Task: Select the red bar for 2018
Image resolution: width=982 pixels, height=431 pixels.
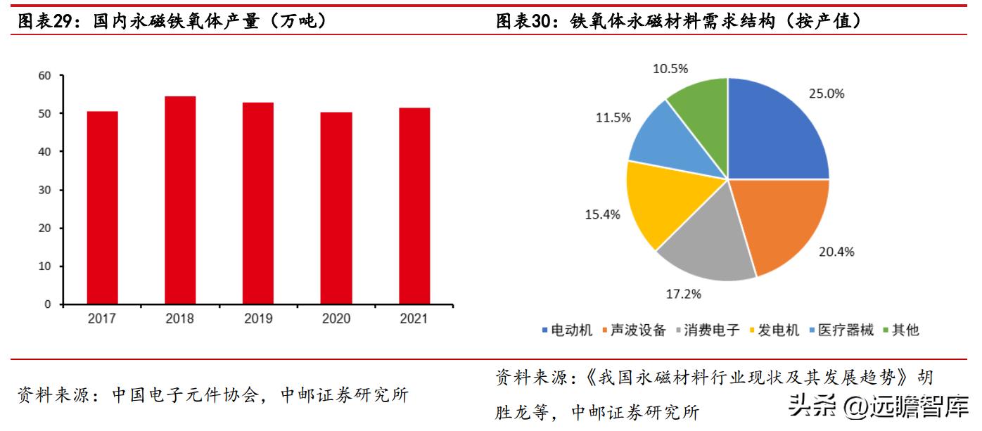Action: [180, 200]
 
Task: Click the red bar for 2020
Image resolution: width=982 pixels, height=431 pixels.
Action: [336, 208]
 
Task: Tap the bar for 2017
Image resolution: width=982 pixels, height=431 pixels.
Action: [103, 207]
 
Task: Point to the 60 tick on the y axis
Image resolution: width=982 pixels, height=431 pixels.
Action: [46, 75]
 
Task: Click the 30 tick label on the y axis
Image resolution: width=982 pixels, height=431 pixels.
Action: [46, 190]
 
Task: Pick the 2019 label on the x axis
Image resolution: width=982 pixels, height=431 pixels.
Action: [258, 319]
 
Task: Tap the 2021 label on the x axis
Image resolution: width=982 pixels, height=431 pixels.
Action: [414, 319]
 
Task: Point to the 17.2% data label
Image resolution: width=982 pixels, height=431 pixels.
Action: [683, 294]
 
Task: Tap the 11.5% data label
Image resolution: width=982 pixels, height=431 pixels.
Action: [613, 118]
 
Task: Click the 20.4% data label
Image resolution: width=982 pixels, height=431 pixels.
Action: [836, 252]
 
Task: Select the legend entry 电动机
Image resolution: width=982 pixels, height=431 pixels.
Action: [568, 330]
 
